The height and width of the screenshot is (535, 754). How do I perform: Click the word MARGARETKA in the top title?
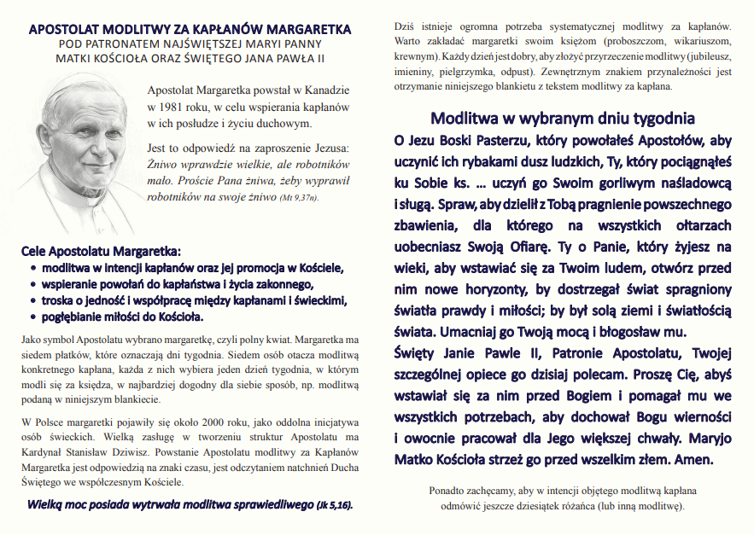[301, 30]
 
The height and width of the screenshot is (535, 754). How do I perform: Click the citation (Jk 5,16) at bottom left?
[334, 504]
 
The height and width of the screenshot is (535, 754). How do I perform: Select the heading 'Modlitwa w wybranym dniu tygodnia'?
[563, 118]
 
